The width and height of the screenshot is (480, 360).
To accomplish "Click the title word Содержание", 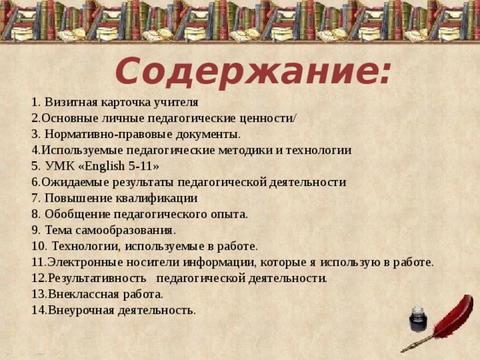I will (x=253, y=72).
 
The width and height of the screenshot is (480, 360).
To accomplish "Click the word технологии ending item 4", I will (x=319, y=150).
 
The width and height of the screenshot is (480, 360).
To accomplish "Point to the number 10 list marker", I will (x=38, y=246).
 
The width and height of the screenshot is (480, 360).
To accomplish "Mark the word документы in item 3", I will (x=211, y=133).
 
